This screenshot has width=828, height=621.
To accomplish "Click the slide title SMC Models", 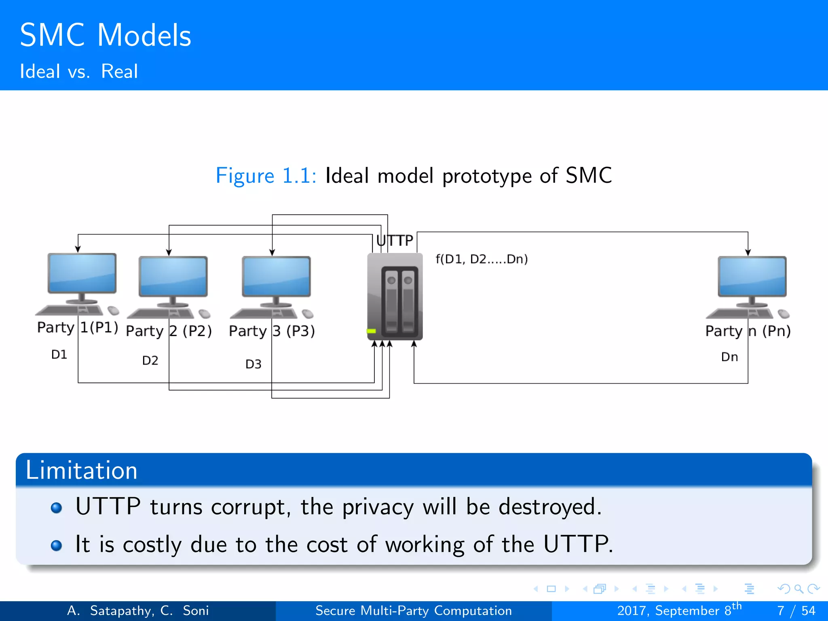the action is pos(105,35).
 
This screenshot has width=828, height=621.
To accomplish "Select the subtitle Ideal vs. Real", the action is pos(79,72).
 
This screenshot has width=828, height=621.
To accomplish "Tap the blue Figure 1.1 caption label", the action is pos(266,176).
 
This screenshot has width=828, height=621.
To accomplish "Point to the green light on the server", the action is pos(371,331).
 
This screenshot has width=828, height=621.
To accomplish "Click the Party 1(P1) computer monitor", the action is pos(82,273).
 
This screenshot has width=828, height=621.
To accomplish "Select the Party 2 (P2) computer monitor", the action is pos(173,277).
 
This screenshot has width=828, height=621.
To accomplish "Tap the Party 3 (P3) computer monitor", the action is pos(276,277).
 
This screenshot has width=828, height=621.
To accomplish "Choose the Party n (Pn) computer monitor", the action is pos(752,277).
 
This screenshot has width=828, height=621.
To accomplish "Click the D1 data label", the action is pos(59,355).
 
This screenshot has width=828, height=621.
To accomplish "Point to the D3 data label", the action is pos(253,364).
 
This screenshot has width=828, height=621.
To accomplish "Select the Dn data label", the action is pos(729,357).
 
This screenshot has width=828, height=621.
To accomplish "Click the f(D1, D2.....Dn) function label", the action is pos(482,259).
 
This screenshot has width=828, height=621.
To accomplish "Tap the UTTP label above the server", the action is pos(395,241).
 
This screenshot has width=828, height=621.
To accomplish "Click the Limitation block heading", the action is pos(82,470).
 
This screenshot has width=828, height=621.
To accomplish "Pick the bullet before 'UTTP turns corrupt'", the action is pos(57,508).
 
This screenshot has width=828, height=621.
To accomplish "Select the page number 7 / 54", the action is pos(796,610).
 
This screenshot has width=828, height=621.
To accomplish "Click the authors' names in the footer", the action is pos(138,610).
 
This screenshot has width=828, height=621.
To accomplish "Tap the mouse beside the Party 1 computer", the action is pos(114,310).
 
